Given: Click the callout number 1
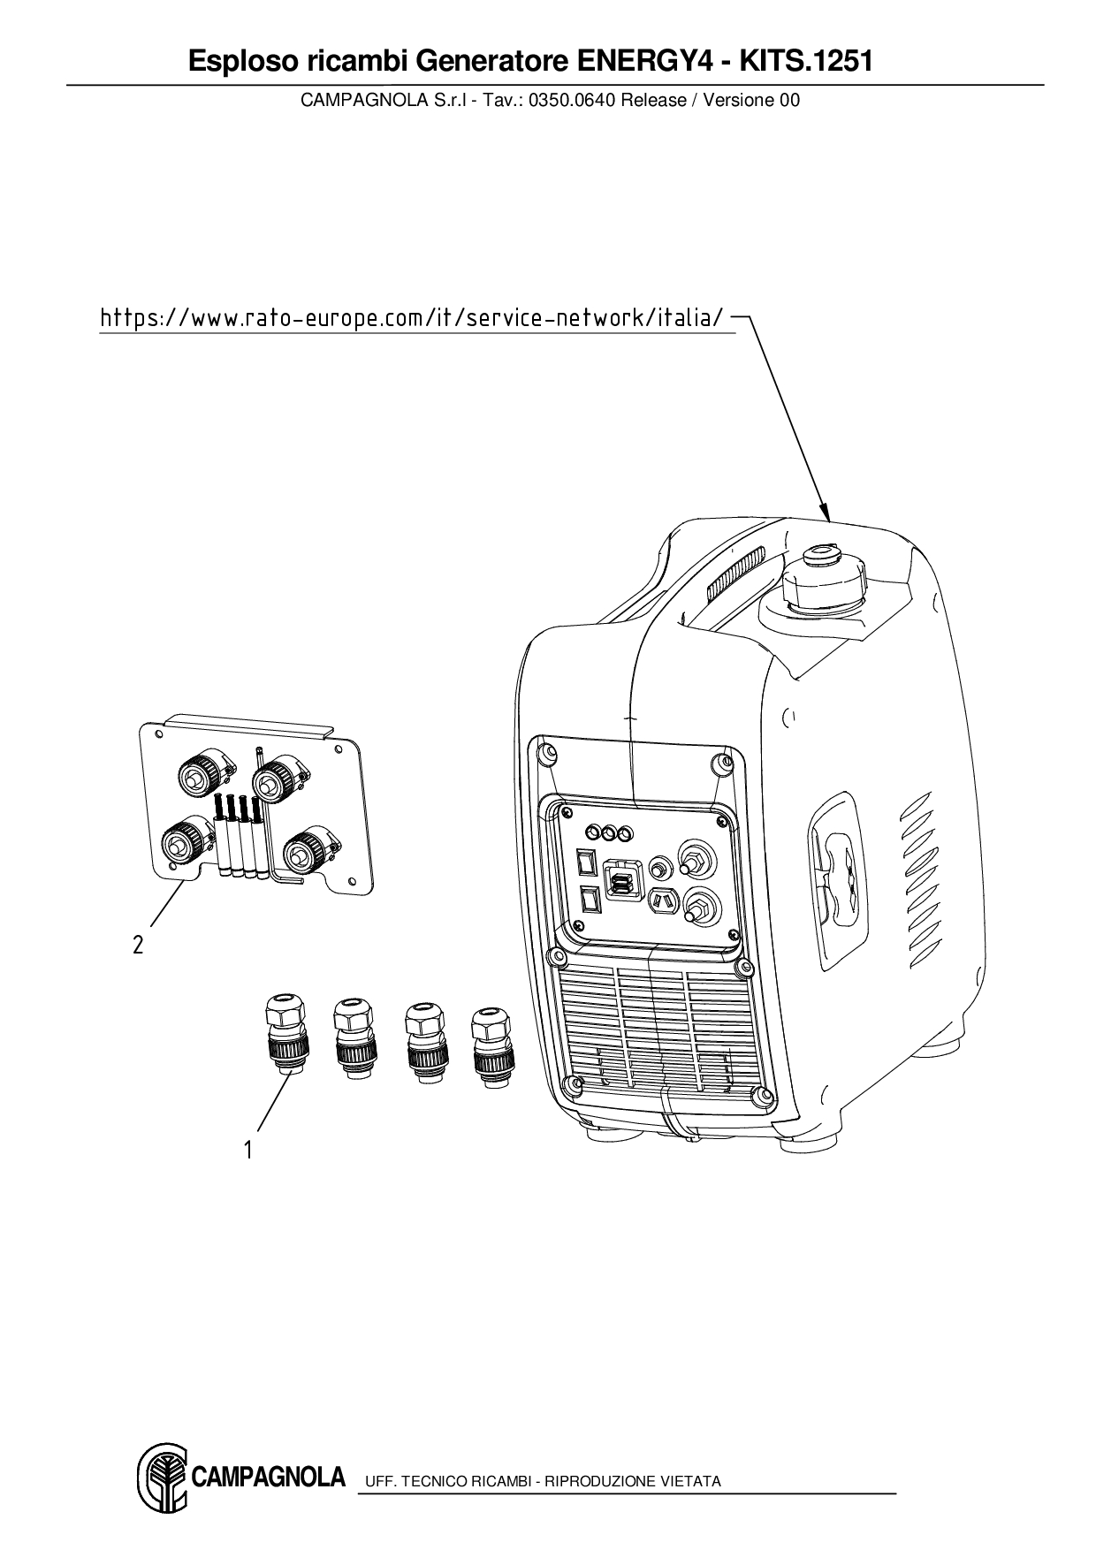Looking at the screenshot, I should (248, 1150).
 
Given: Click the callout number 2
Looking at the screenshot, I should (138, 945).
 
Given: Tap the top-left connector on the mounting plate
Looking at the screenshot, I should (202, 773).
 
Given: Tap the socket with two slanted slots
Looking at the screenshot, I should (660, 901).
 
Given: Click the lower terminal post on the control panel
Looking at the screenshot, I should (698, 907).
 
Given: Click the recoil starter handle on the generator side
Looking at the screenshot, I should (833, 874).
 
